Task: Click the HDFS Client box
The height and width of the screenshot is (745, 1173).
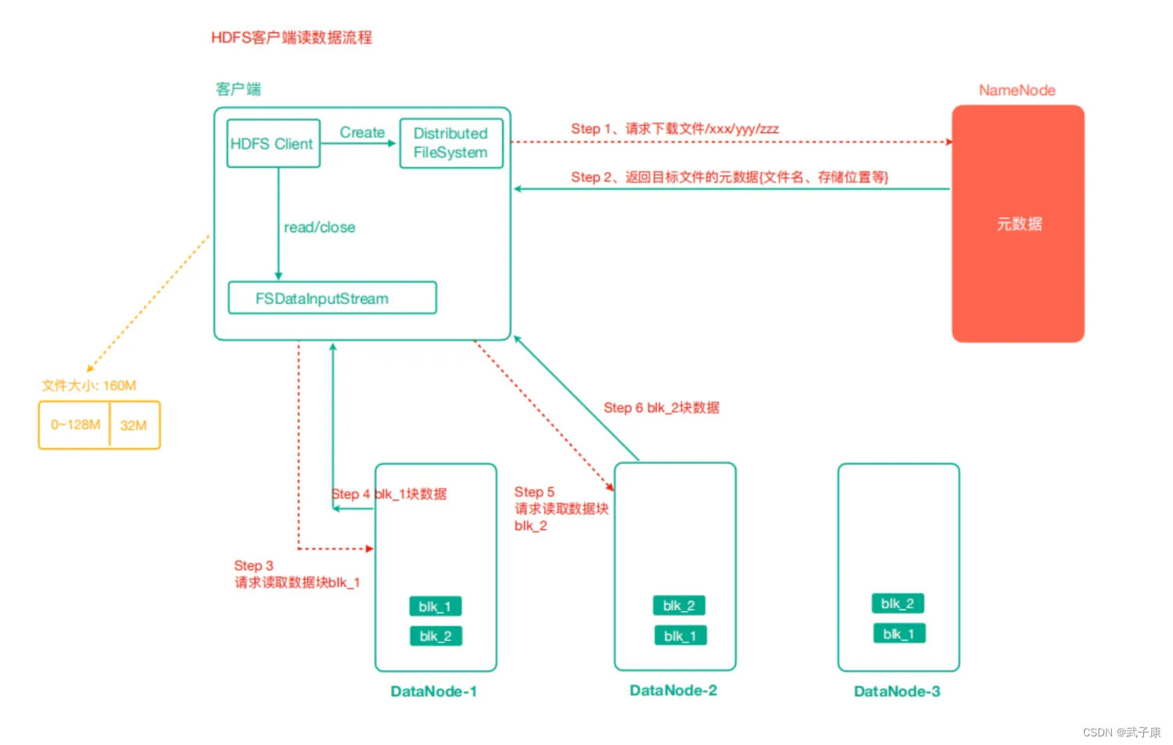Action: click(x=274, y=144)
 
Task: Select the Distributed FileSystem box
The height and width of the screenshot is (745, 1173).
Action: click(x=451, y=143)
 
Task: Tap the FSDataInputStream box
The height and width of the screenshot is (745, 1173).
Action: click(x=332, y=298)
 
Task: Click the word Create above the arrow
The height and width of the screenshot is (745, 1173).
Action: click(x=362, y=132)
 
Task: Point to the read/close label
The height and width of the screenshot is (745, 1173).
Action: click(x=319, y=227)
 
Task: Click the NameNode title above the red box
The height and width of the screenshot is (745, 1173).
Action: click(x=1017, y=90)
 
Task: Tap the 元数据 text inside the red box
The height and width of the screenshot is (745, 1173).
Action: click(x=1019, y=224)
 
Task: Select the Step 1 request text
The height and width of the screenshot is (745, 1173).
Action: click(x=674, y=129)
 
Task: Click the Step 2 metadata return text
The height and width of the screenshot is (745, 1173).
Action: click(x=730, y=177)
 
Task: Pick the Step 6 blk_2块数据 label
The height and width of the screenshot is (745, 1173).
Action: click(x=662, y=407)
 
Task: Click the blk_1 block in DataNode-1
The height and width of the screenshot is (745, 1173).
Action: click(x=435, y=607)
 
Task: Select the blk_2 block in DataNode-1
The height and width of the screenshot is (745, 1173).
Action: click(x=436, y=636)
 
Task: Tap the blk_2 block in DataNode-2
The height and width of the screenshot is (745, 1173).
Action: click(x=679, y=605)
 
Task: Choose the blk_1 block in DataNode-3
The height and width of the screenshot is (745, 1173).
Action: click(x=899, y=633)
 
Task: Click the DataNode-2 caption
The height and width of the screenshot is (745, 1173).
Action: click(x=673, y=690)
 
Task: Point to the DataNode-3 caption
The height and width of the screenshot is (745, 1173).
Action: click(x=897, y=691)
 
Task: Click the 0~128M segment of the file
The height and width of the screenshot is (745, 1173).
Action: click(x=75, y=424)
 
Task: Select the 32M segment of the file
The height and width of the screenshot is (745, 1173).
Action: click(x=134, y=425)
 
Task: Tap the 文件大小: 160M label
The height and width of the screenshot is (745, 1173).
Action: click(x=89, y=385)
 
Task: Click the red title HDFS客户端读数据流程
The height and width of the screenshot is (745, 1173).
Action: click(x=292, y=38)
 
